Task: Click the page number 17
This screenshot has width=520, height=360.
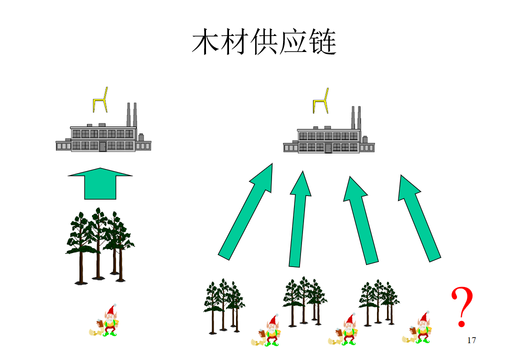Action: click(471, 340)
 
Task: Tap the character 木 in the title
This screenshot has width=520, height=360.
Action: click(206, 42)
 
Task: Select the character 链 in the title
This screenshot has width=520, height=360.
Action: click(322, 42)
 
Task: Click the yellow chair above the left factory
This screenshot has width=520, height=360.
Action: click(100, 100)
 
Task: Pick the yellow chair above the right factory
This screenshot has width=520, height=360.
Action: click(321, 101)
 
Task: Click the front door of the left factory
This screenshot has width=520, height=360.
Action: click(103, 146)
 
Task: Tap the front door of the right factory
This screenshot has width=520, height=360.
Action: click(328, 148)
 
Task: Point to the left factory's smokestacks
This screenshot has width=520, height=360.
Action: click(131, 114)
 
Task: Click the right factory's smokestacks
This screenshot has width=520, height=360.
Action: click(356, 118)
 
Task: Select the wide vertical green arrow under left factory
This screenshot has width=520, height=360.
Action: click(100, 183)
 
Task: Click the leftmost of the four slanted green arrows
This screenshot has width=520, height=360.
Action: click(245, 211)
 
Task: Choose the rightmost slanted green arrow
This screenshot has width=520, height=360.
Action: click(419, 218)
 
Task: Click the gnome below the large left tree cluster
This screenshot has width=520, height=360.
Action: click(105, 320)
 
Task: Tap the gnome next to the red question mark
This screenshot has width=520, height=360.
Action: click(417, 328)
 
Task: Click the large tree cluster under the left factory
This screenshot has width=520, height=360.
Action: click(100, 246)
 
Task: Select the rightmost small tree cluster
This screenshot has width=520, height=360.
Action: click(379, 303)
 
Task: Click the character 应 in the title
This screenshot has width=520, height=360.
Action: click(293, 42)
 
